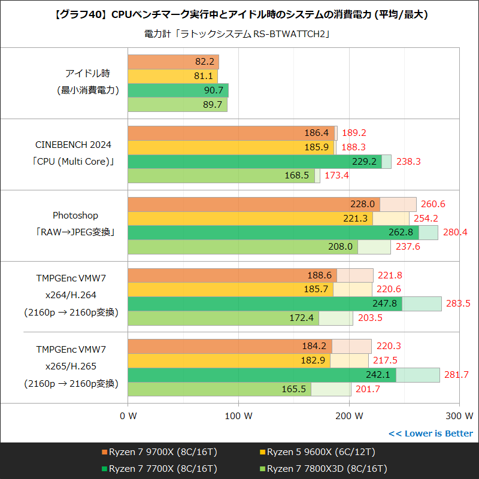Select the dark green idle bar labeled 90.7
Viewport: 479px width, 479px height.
pos(178,90)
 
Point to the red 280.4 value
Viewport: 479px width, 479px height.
pos(456,232)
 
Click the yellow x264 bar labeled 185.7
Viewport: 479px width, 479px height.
pos(231,289)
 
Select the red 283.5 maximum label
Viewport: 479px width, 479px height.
pos(458,304)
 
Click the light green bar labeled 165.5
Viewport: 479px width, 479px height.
pos(219,389)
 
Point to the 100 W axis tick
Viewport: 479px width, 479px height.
pos(239,415)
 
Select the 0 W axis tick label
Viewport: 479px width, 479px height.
pos(128,415)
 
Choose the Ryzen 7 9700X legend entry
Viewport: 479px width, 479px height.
pos(158,452)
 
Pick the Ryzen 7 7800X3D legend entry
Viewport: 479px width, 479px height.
pos(326,468)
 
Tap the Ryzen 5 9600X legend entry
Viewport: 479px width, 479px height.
pos(320,452)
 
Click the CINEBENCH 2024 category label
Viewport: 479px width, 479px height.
pos(74,145)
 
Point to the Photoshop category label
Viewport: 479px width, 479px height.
pos(75,215)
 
